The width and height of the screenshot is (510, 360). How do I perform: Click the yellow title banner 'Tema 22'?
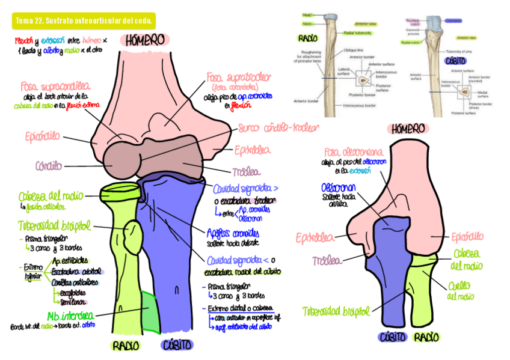[84, 22]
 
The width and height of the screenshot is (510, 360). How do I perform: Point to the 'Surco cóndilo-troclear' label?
[278, 128]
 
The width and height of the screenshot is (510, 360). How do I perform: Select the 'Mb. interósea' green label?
[70, 316]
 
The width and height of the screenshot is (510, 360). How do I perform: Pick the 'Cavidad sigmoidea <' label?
[242, 260]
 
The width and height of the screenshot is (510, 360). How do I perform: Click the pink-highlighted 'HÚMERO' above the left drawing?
[146, 40]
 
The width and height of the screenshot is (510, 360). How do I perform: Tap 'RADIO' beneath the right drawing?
[426, 337]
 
